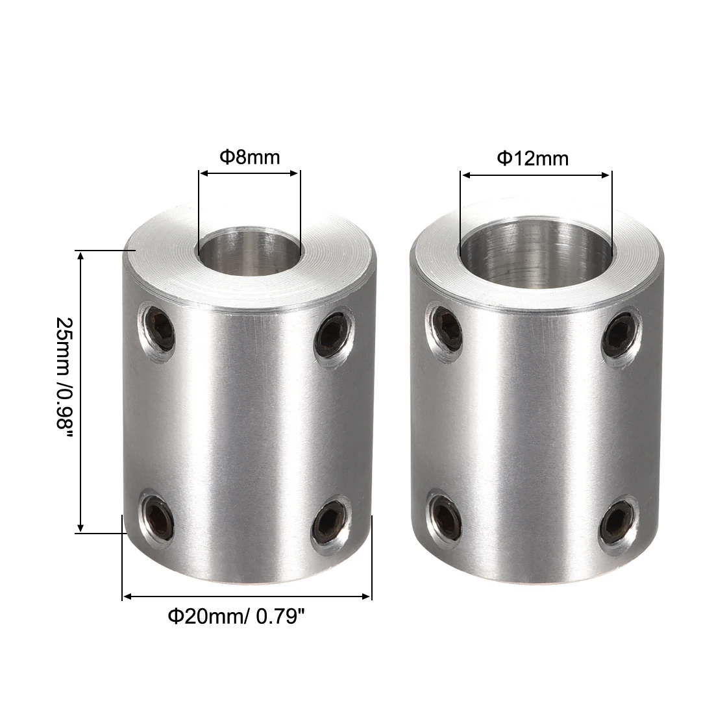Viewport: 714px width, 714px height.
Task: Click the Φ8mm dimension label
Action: click(249, 157)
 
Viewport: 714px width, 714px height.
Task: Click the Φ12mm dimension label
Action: click(532, 158)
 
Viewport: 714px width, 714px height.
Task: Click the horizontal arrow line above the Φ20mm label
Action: click(247, 595)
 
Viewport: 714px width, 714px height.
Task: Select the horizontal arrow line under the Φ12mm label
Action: click(535, 174)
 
